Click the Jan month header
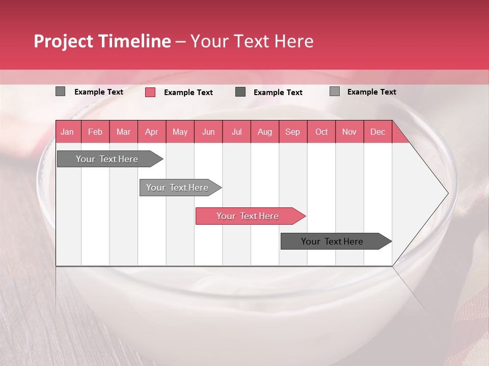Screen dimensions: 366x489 coord(67,132)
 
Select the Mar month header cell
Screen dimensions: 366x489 coord(123,132)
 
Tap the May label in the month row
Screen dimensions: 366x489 coord(180,132)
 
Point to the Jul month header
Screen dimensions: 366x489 coord(236,132)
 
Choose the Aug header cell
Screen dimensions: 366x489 coord(264,132)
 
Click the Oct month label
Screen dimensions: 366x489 coord(321,132)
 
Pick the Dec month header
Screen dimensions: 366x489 coord(377,132)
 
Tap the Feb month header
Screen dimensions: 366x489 coord(95,132)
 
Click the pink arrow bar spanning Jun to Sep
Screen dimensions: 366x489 coord(248,216)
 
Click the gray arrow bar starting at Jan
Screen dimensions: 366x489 coord(107,159)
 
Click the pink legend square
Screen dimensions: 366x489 coord(150,92)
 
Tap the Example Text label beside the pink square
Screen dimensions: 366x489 coord(188,93)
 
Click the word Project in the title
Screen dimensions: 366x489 coord(64,41)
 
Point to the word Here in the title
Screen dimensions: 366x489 coord(294,41)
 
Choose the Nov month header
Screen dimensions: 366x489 coord(349,132)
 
